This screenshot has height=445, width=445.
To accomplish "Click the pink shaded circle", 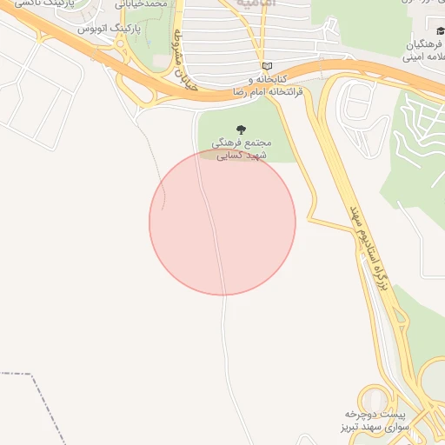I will click(222, 222).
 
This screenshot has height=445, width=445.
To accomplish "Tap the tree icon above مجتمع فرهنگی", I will click(241, 130).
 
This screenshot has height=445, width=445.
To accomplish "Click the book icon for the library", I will click(267, 66).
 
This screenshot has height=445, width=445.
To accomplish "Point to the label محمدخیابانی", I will click(156, 4).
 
